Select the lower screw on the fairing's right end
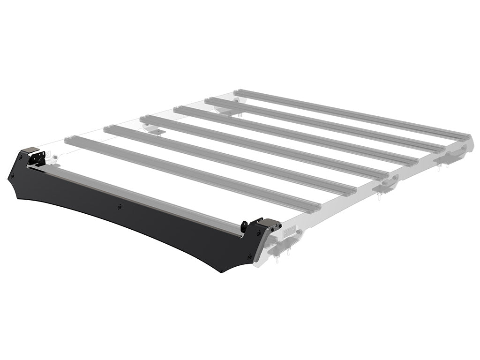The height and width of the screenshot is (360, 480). click(249, 256)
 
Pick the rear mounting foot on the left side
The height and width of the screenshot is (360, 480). click(225, 109)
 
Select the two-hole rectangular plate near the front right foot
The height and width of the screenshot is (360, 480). click(291, 231)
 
